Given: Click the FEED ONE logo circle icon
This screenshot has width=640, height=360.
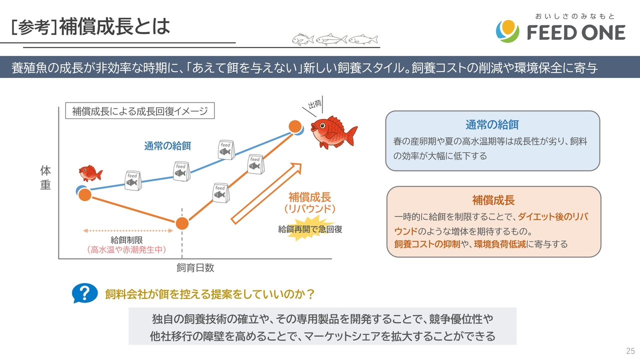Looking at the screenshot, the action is click(507, 31).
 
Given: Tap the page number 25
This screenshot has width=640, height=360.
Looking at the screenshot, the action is click(630, 350).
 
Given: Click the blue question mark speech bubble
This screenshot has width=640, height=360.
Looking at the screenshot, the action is click(84, 293).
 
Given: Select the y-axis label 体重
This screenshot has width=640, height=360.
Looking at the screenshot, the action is click(45, 177).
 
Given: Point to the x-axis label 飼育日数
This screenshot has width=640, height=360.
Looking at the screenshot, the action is click(195, 267).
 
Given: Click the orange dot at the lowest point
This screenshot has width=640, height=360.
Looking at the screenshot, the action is click(182, 223).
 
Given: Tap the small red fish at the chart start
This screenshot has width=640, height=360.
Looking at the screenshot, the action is click(90, 173).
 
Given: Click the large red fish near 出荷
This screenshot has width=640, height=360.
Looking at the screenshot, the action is click(333, 132).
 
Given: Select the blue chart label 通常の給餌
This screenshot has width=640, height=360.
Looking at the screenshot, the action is click(167, 146).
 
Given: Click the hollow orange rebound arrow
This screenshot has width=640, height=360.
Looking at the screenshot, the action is click(266, 193).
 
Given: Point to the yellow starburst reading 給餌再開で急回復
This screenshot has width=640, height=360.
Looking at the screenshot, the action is click(310, 229).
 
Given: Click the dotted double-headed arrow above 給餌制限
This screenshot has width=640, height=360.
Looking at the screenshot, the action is click(127, 230).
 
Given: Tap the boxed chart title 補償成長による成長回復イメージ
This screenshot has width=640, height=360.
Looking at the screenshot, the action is click(140, 111).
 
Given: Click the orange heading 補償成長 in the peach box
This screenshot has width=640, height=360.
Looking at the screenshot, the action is click(493, 200).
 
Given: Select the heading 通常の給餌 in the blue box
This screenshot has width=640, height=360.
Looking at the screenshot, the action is click(492, 125).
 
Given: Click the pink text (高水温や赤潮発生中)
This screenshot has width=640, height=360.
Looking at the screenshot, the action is click(126, 249).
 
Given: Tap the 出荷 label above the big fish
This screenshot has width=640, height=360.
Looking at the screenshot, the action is click(315, 104).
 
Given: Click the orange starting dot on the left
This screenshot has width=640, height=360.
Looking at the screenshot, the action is click(85, 195).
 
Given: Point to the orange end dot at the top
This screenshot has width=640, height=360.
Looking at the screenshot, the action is click(295, 126).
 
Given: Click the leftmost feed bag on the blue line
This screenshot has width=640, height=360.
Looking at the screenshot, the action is click(133, 180).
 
